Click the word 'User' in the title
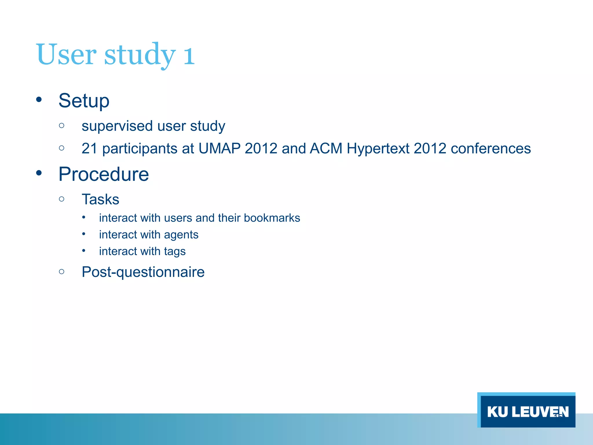66,54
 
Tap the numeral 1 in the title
189,55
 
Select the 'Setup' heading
84,101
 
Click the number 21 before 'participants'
89,148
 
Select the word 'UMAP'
219,148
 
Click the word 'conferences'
490,148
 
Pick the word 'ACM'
326,148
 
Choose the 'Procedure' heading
104,174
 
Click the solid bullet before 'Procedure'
39,173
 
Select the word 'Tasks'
100,199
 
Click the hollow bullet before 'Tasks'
61,199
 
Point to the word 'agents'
181,235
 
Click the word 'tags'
175,251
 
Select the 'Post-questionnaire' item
143,272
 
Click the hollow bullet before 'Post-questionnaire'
61,271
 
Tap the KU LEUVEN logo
526,411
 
